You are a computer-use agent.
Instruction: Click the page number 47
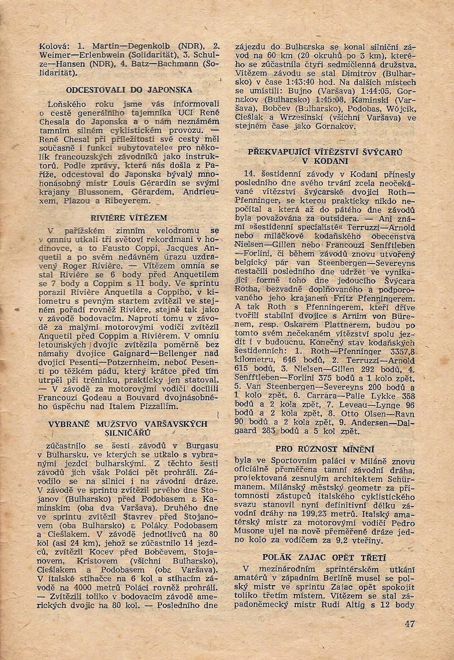(409, 624)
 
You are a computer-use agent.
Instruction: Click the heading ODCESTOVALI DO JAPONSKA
(129, 90)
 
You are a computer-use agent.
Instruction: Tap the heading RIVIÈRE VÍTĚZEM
(129, 218)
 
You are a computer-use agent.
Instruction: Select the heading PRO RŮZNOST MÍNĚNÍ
(325, 449)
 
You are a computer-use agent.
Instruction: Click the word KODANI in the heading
(325, 161)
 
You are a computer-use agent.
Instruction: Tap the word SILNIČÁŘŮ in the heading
(129, 433)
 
